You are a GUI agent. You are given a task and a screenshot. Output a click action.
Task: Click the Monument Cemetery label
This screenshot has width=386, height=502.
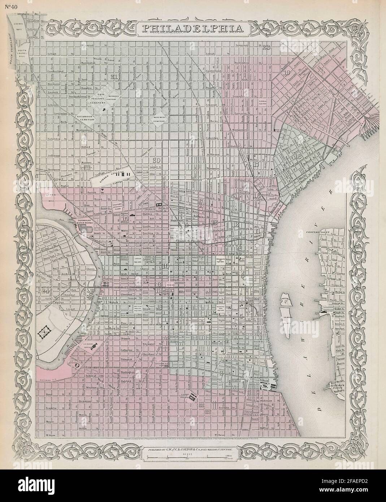160,120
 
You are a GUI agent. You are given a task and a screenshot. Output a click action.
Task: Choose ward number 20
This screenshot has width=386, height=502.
157,161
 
